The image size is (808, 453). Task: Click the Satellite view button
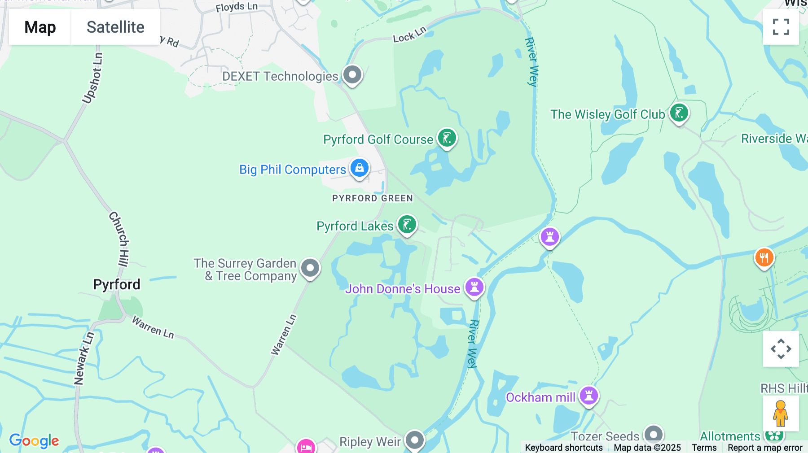coord(115,27)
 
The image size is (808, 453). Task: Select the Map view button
coord(40,27)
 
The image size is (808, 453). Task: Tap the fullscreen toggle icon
coord(781,27)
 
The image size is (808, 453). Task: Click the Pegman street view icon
coord(781,413)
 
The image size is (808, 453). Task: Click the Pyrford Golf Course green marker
coord(447,138)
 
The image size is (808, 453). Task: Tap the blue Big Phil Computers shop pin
coord(360,168)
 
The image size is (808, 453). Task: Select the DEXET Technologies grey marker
coord(352,74)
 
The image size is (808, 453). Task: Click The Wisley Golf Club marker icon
coord(679,113)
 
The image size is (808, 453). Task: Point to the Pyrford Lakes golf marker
coord(407,225)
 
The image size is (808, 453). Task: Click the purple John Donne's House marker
coord(474,287)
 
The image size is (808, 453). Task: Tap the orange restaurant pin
coord(764,258)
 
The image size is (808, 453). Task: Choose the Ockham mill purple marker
coord(588,396)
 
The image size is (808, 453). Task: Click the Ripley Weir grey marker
coord(415,440)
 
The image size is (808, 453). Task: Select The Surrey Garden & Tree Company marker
coord(310,268)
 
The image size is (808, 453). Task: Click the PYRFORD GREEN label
coord(372,198)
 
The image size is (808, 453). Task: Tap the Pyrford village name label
coord(117,284)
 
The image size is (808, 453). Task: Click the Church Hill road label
coord(119,240)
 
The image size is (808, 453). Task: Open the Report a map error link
coord(765,448)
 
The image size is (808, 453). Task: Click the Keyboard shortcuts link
coord(564,448)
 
